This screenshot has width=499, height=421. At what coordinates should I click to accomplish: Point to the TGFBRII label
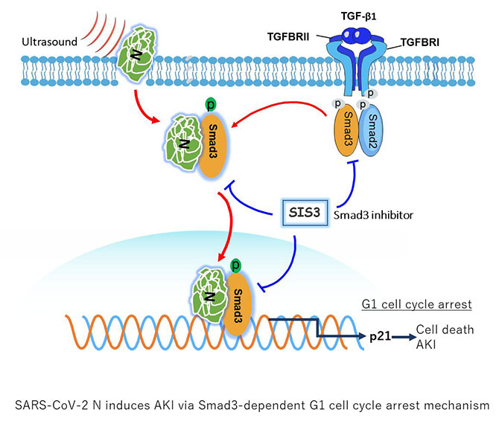[x=293, y=36]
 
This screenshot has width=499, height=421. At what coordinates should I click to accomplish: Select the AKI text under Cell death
[x=428, y=345]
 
